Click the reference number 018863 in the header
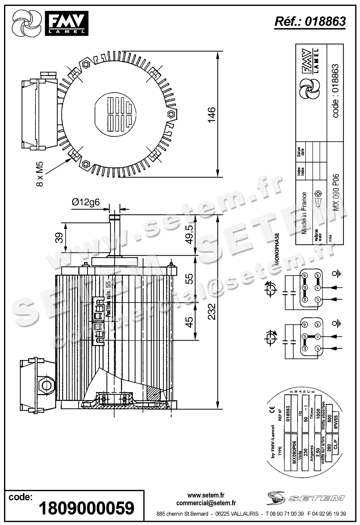coord(325,21)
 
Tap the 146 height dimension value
coord(212,115)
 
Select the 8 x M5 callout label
coord(40,174)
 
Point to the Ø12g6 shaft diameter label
coord(86,202)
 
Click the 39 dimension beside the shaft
coord(59,238)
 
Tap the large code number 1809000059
coord(86,509)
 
